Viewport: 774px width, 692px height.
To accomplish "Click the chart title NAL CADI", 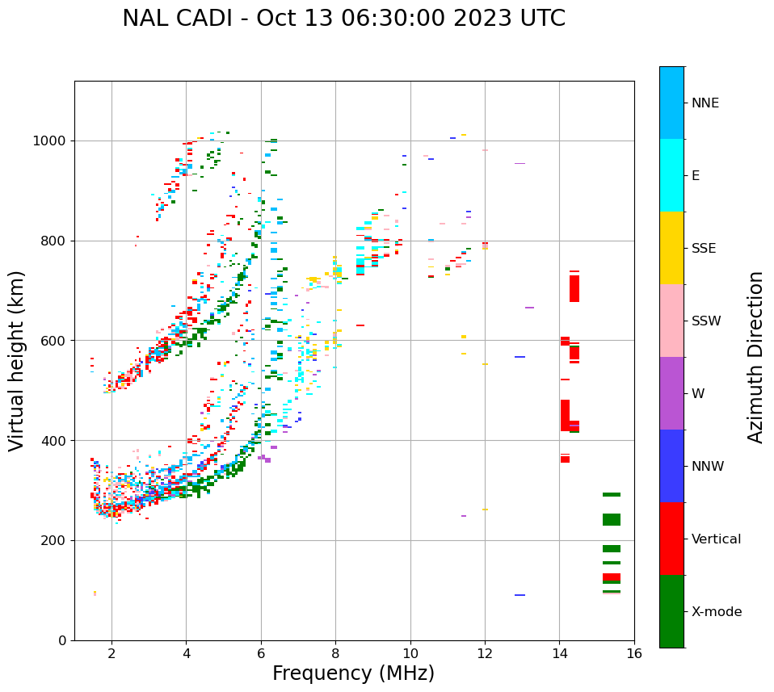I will click(343, 19).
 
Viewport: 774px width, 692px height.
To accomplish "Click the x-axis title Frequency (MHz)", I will click(353, 673).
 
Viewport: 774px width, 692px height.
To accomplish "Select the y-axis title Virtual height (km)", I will click(17, 361).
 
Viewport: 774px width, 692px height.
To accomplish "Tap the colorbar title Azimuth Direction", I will click(755, 357).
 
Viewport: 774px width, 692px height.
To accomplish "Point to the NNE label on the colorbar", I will click(705, 103).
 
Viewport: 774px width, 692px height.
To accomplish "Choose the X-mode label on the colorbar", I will click(716, 612).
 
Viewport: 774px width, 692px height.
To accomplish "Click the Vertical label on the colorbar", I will click(716, 539).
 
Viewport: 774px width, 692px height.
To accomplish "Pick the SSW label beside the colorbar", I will click(706, 321).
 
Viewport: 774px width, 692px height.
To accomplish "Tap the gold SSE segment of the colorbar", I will click(671, 248).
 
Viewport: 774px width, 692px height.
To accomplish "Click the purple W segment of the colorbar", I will click(671, 393).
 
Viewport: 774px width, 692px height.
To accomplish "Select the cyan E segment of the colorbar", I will click(671, 175).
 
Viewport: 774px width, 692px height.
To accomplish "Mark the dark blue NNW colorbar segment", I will click(671, 466).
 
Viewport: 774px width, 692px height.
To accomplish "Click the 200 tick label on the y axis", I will click(56, 540).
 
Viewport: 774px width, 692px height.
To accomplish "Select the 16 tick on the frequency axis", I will click(634, 652).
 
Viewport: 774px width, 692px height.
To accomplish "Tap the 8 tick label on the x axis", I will click(336, 652).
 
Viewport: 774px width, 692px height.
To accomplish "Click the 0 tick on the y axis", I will click(62, 640).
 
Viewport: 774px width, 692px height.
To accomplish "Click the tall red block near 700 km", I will click(574, 288).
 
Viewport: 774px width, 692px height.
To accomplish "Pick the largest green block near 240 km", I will click(612, 520).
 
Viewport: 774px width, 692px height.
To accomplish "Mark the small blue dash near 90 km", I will click(520, 595).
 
